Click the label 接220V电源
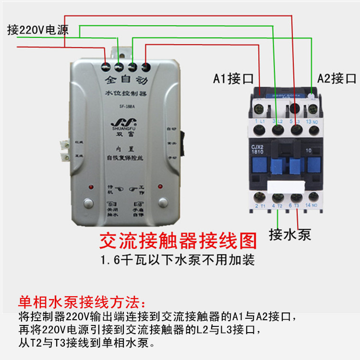click(x=38, y=30)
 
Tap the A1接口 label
click(x=233, y=78)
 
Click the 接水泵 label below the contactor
click(x=290, y=234)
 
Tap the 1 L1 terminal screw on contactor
click(x=260, y=129)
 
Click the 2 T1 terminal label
click(x=259, y=206)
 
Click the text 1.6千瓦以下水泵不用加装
click(x=177, y=260)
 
